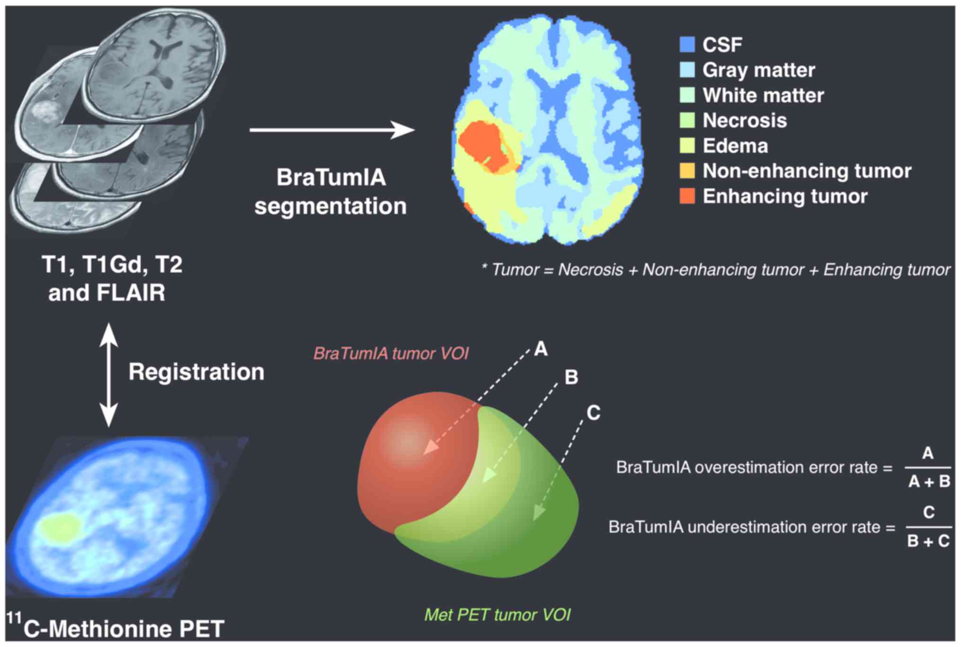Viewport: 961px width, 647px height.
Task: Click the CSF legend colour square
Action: pos(687,44)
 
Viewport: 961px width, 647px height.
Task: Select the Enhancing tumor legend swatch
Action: pos(687,196)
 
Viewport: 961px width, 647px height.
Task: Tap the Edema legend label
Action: pos(735,146)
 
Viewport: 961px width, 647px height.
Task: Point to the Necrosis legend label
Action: pos(744,121)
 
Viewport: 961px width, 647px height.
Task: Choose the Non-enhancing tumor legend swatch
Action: pos(687,171)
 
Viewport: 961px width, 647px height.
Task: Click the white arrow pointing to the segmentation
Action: pos(331,130)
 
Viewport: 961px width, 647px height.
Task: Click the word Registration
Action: pos(196,372)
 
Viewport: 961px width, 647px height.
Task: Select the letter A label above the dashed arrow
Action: pos(541,349)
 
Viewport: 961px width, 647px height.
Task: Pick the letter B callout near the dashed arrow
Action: pos(572,378)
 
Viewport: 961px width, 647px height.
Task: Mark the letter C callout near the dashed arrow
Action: pos(593,413)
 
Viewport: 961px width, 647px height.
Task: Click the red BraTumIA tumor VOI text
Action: pos(391,354)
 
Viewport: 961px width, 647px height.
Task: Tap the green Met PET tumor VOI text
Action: pos(497,615)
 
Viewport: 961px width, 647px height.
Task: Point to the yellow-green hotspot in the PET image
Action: pos(60,528)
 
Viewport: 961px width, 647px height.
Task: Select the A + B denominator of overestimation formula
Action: pos(929,482)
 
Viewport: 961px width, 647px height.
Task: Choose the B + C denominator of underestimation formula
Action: pos(928,541)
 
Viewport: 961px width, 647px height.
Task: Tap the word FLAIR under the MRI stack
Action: pos(131,293)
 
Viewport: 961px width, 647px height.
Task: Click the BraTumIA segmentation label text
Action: pos(331,192)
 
